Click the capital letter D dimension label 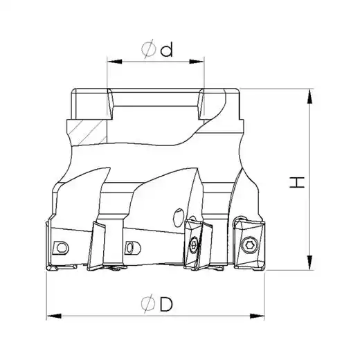pyautogui.click(x=166, y=304)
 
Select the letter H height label pyautogui.click(x=297, y=182)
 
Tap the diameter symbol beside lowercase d pyautogui.click(x=148, y=49)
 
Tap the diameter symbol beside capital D pyautogui.click(x=148, y=304)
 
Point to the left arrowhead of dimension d pyautogui.click(x=115, y=62)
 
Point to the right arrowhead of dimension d pyautogui.click(x=197, y=62)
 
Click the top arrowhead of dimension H pyautogui.click(x=310, y=96)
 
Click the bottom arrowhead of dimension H pyautogui.click(x=310, y=262)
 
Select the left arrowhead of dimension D pyautogui.click(x=54, y=316)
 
